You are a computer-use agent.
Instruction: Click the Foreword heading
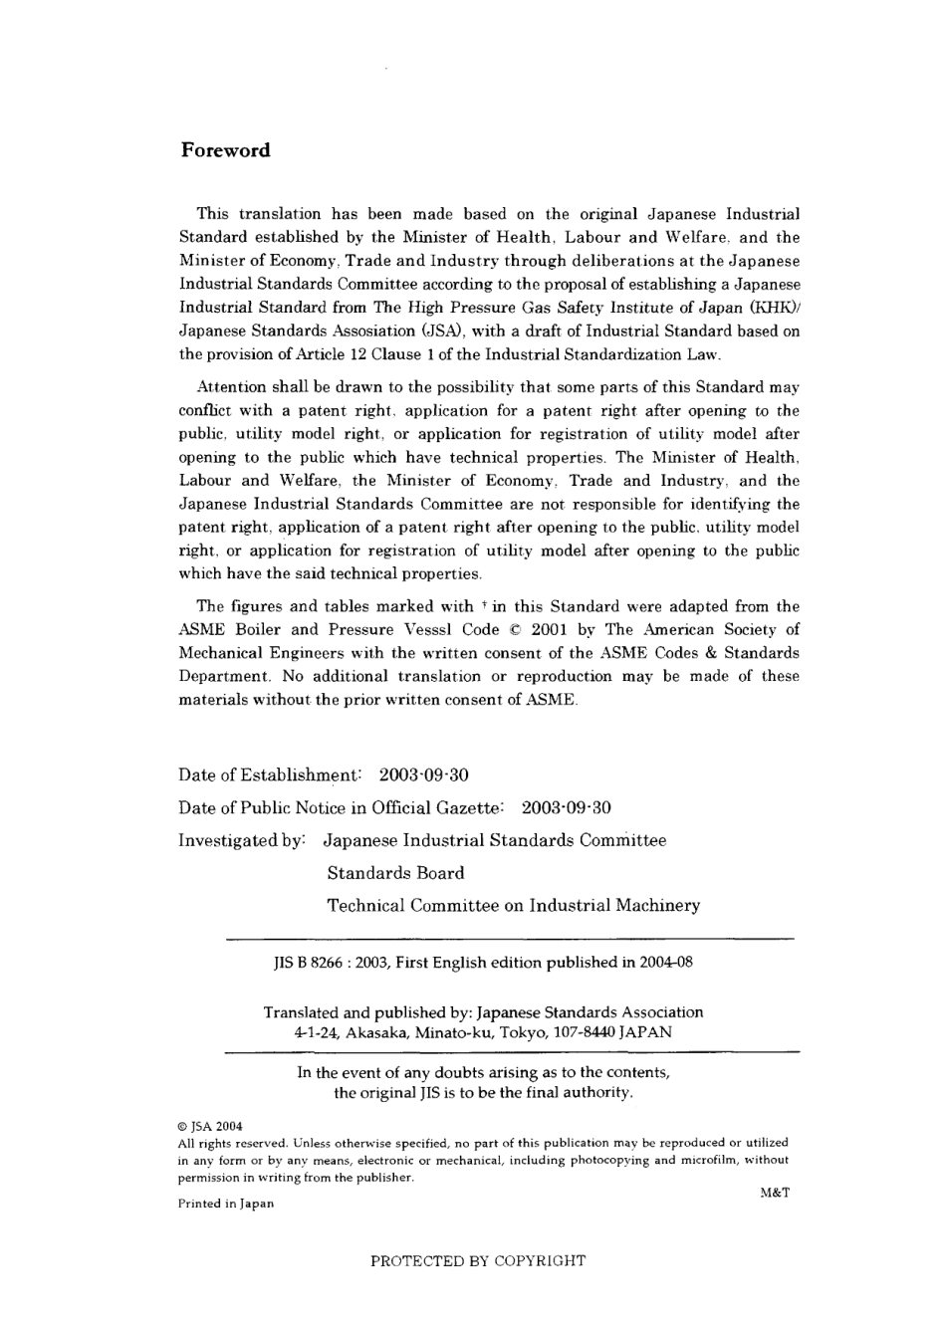point(225,150)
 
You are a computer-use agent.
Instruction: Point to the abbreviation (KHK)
point(765,308)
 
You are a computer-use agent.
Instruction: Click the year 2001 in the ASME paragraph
point(549,629)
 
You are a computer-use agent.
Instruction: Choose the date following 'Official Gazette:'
point(567,808)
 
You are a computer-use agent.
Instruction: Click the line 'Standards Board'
point(395,873)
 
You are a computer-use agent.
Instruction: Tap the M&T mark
point(774,1193)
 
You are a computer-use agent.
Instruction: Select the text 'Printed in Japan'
point(226,1204)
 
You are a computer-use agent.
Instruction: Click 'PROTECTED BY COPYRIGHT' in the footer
point(478,1261)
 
